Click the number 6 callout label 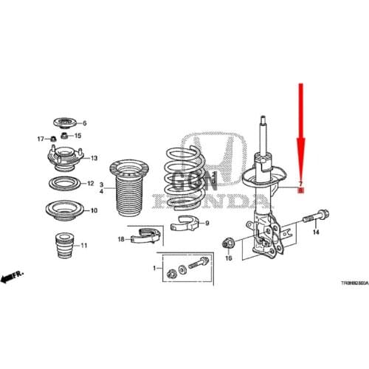pyautogui.click(x=84, y=123)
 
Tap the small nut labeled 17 pyautogui.click(x=54, y=138)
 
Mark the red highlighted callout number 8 pyautogui.click(x=300, y=190)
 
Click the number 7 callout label pyautogui.click(x=300, y=183)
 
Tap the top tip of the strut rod pyautogui.click(x=261, y=117)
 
